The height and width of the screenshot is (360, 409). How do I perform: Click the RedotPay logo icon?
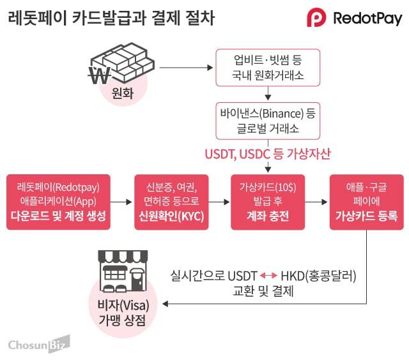coord(317,17)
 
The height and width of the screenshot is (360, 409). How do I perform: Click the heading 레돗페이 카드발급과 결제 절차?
coord(111,18)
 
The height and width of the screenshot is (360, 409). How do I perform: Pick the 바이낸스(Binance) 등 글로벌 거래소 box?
coord(267,121)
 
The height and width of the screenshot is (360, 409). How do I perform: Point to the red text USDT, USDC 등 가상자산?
coord(267,155)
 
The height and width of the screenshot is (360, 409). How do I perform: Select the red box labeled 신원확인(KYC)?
coord(170,202)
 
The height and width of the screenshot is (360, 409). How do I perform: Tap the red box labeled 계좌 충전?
coord(267,202)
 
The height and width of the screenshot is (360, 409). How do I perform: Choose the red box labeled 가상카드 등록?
coord(366,202)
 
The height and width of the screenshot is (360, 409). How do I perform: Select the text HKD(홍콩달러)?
coord(318,276)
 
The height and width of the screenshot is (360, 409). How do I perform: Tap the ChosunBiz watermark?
coord(39,345)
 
